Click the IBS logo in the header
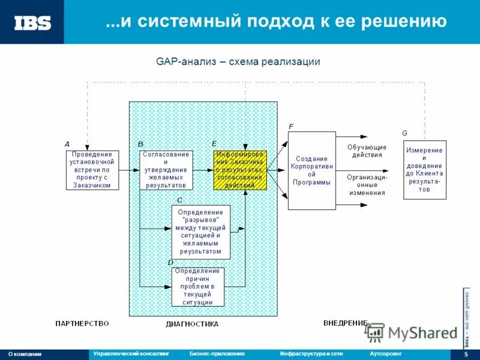pyautogui.click(x=32, y=23)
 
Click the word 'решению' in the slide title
pyautogui.click(x=409, y=22)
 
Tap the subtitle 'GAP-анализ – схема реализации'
pyautogui.click(x=238, y=62)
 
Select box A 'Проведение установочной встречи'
pyautogui.click(x=92, y=170)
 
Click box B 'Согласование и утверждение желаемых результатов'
pyautogui.click(x=166, y=170)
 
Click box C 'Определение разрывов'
pyautogui.click(x=201, y=232)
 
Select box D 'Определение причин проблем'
pyautogui.click(x=198, y=287)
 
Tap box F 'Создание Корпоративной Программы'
pyautogui.click(x=311, y=170)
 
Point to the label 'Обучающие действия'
pyautogui.click(x=367, y=151)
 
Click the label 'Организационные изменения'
pyautogui.click(x=367, y=185)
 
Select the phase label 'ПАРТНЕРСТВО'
pyautogui.click(x=82, y=323)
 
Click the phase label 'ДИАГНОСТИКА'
pyautogui.click(x=192, y=324)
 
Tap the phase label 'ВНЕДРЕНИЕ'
pyautogui.click(x=345, y=323)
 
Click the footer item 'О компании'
pyautogui.click(x=25, y=354)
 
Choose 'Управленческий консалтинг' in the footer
pyautogui.click(x=131, y=354)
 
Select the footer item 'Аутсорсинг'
pyautogui.click(x=385, y=354)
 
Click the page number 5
pyautogui.click(x=466, y=355)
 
